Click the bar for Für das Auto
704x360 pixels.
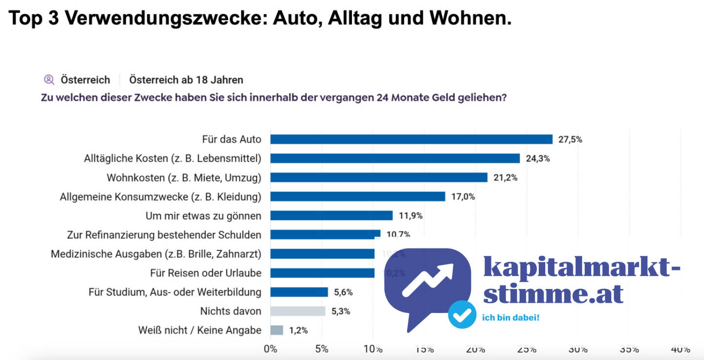tap(411, 139)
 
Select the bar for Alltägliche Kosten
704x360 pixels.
tap(395, 158)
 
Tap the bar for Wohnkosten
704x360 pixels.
tap(379, 178)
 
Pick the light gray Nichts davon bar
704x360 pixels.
tap(298, 311)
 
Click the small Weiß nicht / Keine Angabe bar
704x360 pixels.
tap(277, 330)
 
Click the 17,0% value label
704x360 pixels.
tap(462, 197)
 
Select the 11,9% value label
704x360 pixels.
tap(410, 216)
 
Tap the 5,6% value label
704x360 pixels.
tap(343, 292)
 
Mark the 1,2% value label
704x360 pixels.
tap(298, 330)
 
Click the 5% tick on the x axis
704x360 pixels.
tap(322, 349)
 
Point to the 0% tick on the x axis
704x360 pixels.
tap(270, 349)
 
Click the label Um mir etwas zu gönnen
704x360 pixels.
tap(203, 216)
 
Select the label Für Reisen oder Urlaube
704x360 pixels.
tap(206, 273)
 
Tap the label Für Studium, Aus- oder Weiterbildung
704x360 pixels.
tap(175, 292)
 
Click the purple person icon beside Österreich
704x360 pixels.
tap(49, 79)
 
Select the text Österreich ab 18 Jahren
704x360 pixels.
tap(186, 80)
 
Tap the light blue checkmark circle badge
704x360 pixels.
tap(462, 315)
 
